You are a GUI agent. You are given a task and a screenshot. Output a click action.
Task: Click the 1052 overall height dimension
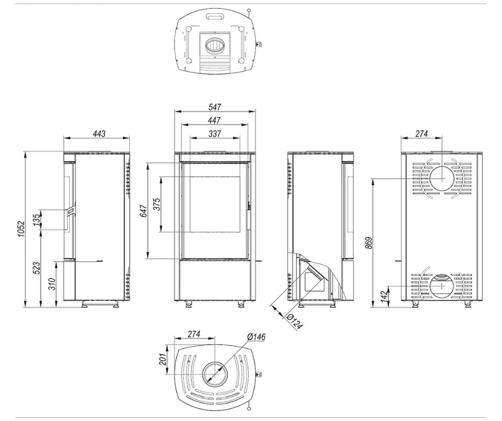click(21, 229)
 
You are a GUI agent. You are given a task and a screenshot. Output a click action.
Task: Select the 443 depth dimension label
click(99, 133)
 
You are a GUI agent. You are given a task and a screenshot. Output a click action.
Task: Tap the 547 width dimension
click(215, 107)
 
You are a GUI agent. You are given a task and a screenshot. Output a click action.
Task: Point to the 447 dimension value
click(214, 120)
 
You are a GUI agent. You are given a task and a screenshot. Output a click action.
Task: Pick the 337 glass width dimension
click(215, 133)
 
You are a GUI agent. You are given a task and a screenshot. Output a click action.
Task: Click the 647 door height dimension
click(144, 211)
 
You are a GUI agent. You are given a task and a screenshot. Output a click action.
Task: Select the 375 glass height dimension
click(157, 204)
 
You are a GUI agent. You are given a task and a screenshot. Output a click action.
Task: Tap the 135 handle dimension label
click(37, 218)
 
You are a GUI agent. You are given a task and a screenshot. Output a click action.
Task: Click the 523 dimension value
click(37, 268)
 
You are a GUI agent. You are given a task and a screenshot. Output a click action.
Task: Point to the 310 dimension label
click(52, 284)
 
